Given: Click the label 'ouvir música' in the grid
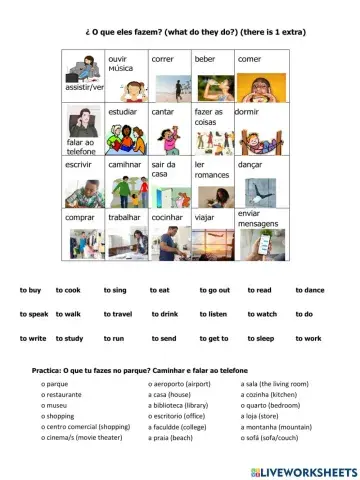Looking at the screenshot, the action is (x=121, y=64).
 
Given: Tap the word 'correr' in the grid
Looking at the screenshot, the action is (x=162, y=59).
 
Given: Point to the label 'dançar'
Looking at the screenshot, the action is (x=250, y=163).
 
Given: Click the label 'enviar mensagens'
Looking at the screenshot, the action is (x=257, y=217).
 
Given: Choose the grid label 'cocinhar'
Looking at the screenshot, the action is (x=167, y=215).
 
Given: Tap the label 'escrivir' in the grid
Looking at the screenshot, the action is (x=79, y=163).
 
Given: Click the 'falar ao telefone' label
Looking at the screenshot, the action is (x=79, y=149).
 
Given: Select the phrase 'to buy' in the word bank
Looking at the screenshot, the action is (x=30, y=289).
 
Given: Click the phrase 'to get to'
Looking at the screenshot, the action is (x=213, y=338).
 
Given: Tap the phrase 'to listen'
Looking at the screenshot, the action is (x=213, y=314).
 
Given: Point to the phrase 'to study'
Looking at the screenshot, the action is (x=69, y=338).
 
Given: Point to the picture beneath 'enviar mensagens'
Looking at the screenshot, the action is (x=256, y=243).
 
